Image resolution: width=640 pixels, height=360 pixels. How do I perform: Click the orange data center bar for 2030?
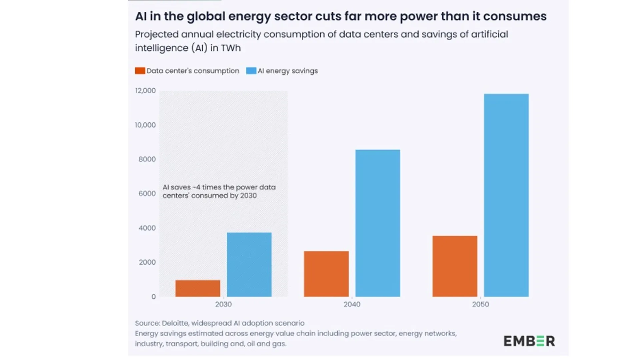pos(198,288)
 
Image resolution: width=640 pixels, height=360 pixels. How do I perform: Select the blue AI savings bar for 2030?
pos(249,265)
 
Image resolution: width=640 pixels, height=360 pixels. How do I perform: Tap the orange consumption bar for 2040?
pos(326,274)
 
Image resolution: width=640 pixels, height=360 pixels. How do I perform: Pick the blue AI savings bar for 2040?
pos(378,223)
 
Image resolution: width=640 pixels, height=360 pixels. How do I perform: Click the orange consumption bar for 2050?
pos(455,266)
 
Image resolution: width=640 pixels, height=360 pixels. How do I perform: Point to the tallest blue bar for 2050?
pos(506,195)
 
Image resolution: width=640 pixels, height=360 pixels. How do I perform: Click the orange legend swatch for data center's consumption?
pos(140,71)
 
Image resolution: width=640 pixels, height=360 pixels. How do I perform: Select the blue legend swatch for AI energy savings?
pos(251,71)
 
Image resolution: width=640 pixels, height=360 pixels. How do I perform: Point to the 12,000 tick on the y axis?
pos(145,91)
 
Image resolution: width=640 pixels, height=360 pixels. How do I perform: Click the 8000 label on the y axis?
pos(147,159)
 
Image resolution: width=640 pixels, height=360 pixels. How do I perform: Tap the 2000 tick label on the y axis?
pos(147,262)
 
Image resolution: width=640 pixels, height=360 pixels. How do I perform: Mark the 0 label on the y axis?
pos(153,297)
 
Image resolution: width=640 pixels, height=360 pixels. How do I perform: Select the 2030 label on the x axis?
pos(223,304)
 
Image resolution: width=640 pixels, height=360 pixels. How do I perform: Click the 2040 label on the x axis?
pos(352,304)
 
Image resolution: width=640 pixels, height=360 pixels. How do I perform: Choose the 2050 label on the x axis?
pos(480,304)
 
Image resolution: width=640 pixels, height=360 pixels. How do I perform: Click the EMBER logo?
pos(529,341)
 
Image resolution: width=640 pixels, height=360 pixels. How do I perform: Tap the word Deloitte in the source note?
pos(175,323)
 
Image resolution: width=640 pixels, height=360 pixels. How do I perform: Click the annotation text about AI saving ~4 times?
pos(219,191)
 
